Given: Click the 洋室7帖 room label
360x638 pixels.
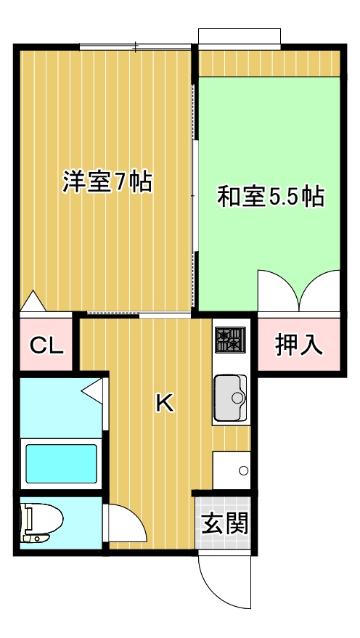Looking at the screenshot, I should [107, 181].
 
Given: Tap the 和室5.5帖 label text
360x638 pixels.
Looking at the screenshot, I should [271, 197].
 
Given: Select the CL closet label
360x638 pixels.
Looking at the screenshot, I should [46, 345].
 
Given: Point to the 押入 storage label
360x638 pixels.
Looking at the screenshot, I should [298, 345].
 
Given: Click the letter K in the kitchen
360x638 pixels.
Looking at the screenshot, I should [165, 404].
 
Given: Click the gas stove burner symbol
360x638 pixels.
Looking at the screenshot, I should [231, 340].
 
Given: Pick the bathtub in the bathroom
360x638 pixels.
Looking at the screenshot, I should [61, 462].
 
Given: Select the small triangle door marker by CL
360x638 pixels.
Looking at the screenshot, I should [33, 300].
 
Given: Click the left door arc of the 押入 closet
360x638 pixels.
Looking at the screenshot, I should [277, 290].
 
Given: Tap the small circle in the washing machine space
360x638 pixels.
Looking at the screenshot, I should [243, 471].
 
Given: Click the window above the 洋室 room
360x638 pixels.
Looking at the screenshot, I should [136, 47].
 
